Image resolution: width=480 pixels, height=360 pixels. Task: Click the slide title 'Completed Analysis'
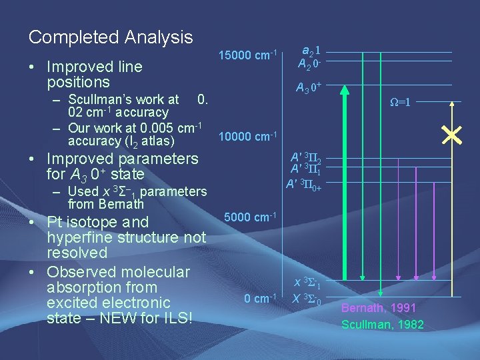[111, 37]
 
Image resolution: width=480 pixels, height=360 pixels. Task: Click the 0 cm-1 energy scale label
[260, 298]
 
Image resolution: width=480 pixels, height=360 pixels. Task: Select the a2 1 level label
[310, 50]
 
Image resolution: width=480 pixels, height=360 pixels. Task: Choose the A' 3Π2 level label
[306, 158]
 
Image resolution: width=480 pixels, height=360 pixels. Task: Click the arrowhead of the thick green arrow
[344, 90]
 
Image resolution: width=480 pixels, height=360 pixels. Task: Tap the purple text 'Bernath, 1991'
[379, 308]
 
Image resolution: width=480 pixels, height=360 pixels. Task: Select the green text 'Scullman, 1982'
[382, 325]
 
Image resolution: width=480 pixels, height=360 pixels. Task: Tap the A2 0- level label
[310, 64]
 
